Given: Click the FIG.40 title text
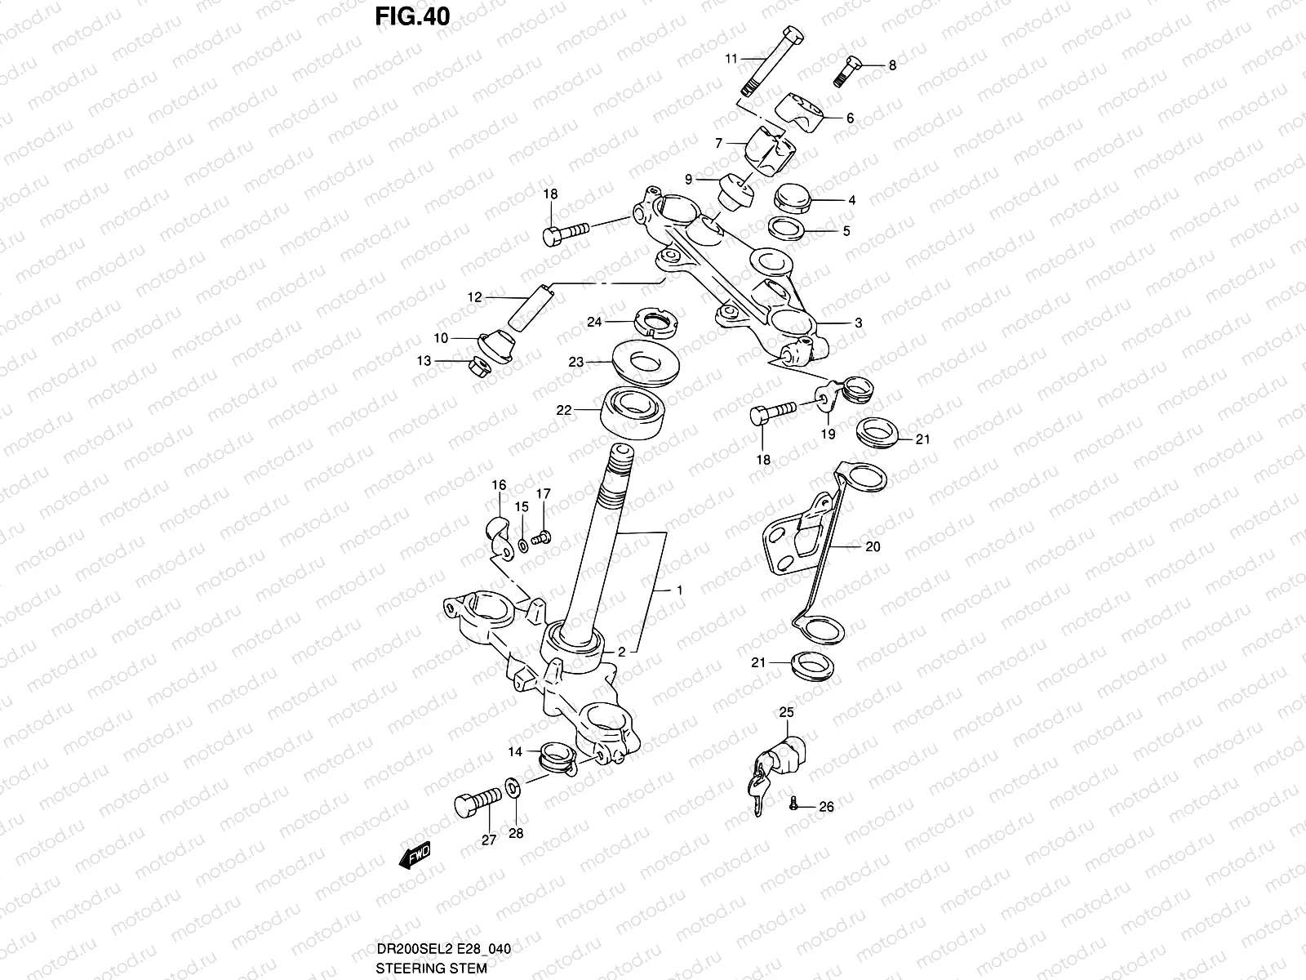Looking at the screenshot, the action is coord(412,16).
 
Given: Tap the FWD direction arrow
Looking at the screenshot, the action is coord(415,856).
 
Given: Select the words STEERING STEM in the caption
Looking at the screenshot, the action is coord(431,968).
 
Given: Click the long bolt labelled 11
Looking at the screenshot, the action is coord(772,60).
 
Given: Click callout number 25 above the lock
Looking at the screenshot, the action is coord(787,712).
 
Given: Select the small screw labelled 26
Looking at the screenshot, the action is coord(793,804).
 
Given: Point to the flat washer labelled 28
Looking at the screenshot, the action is coord(513,788).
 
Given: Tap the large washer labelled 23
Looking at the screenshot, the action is coord(646,362).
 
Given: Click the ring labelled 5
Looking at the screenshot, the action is coord(787,228).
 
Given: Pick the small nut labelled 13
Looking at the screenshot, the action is coord(479,367).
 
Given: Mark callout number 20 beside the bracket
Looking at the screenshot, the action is coord(873,546).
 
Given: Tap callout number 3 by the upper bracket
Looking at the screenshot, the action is coord(858,323).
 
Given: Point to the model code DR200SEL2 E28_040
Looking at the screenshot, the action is coord(444,949).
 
